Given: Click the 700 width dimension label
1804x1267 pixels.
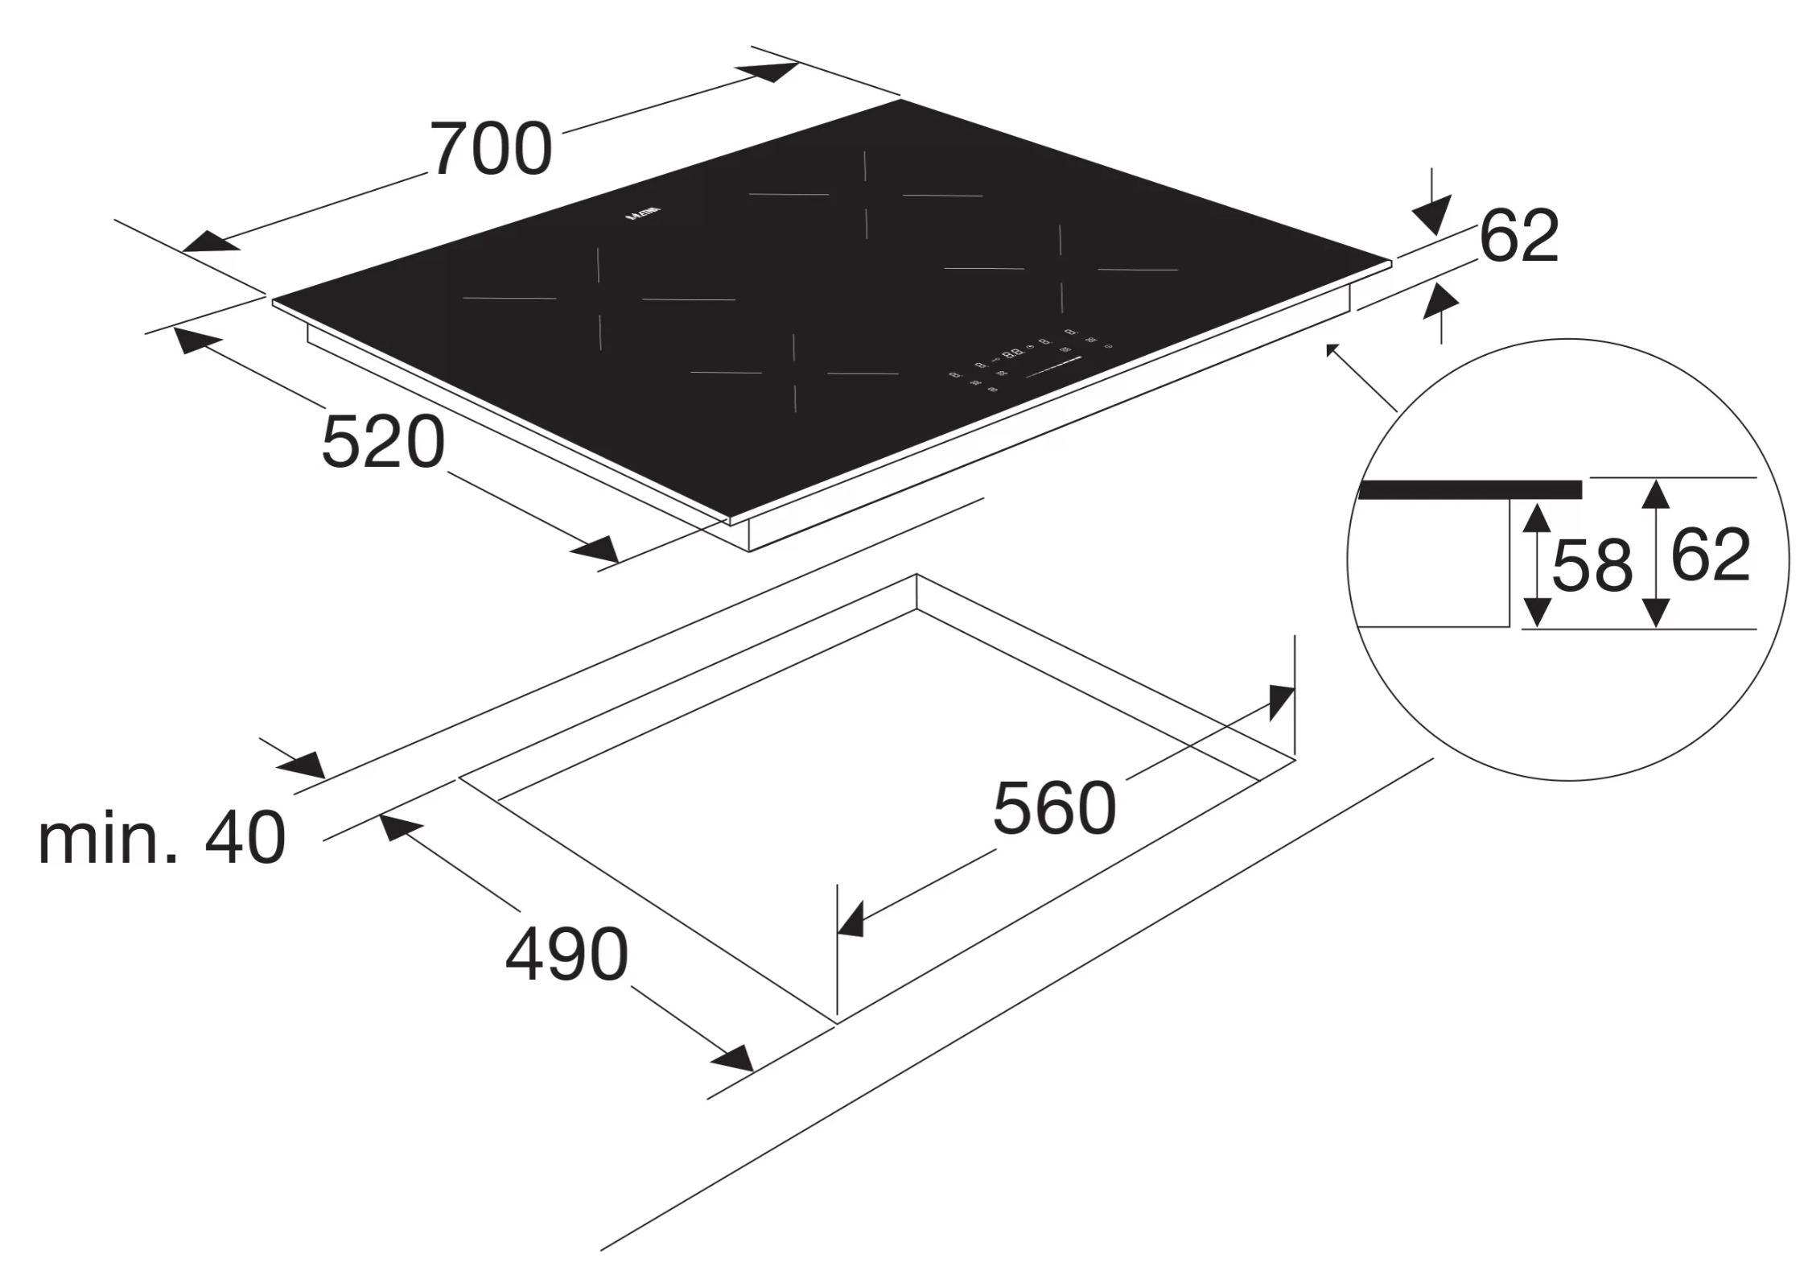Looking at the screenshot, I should (x=491, y=150).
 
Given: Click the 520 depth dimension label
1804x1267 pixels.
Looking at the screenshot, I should (x=383, y=442).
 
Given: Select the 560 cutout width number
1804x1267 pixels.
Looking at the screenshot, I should (x=1054, y=808).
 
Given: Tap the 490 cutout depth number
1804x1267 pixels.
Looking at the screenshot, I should (x=566, y=955).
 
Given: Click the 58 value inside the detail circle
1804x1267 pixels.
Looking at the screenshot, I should (x=1592, y=566).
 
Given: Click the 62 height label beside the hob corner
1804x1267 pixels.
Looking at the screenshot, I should (x=1518, y=236).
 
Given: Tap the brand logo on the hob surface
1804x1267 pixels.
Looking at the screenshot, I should (x=644, y=216).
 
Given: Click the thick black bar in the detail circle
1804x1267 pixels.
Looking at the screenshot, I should (x=1469, y=489).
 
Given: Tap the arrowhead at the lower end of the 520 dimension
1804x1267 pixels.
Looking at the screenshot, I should (x=595, y=550).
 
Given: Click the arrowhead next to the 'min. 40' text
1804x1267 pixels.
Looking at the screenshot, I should (x=303, y=765).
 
